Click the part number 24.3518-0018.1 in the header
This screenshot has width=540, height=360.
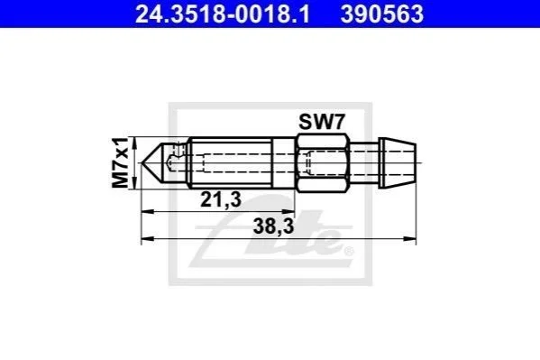[223, 14]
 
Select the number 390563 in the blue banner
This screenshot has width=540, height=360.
[382, 14]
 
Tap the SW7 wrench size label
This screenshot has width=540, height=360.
[322, 122]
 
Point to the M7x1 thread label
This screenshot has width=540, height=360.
[120, 162]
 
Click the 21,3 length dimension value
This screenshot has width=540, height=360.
[221, 199]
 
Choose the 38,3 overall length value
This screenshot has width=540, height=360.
[273, 226]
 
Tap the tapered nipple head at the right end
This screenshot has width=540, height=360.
[398, 162]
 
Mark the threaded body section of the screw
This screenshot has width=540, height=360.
[231, 162]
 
